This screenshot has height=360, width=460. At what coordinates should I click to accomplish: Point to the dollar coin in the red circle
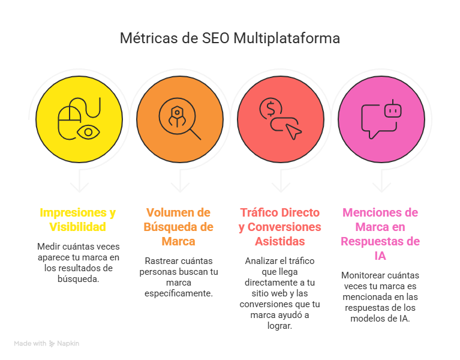[x=270, y=109]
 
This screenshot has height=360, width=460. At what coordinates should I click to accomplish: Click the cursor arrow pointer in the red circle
[x=293, y=130]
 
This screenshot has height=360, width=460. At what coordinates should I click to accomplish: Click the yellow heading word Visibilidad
[x=77, y=227]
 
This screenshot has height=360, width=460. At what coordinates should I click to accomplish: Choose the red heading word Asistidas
[x=279, y=242]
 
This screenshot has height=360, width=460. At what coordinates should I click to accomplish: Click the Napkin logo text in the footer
[x=68, y=344]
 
